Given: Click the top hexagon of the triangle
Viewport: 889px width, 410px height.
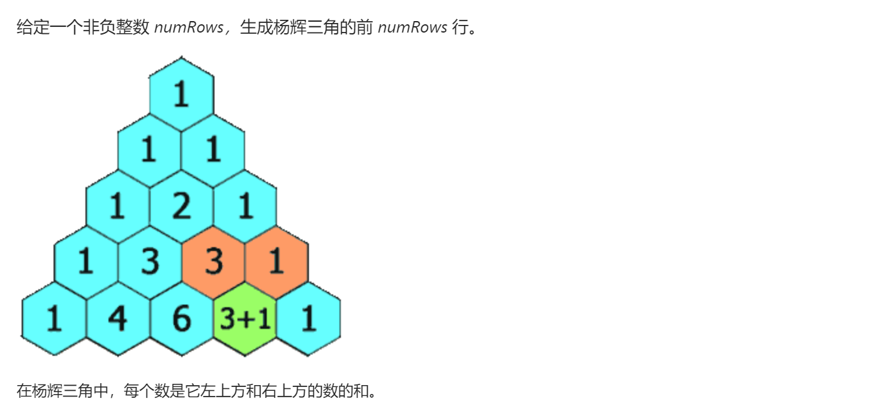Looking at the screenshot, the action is pyautogui.click(x=181, y=94).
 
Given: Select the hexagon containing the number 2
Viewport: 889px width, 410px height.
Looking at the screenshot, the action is pyautogui.click(x=181, y=206).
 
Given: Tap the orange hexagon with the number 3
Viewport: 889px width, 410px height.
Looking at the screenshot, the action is pyautogui.click(x=213, y=262).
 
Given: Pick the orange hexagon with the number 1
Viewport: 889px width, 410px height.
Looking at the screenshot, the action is pyautogui.click(x=276, y=262).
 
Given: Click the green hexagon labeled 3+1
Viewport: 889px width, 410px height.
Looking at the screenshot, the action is pyautogui.click(x=245, y=319).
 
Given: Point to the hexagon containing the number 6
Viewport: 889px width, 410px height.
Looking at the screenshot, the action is pyautogui.click(x=181, y=319).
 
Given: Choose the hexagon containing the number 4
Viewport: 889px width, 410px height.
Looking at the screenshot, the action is pyautogui.click(x=118, y=319).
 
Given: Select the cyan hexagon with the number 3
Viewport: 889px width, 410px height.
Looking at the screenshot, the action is pyautogui.click(x=150, y=262).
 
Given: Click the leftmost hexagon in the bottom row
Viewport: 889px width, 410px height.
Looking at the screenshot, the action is pyautogui.click(x=54, y=319).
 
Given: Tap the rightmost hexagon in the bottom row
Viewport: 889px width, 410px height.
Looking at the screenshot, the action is pyautogui.click(x=308, y=319).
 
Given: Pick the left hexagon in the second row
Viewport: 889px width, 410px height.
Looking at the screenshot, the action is pyautogui.click(x=149, y=150).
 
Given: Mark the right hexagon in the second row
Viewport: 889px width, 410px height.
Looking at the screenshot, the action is pyautogui.click(x=213, y=150).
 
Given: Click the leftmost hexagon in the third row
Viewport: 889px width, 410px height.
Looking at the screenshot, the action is pyautogui.click(x=117, y=206).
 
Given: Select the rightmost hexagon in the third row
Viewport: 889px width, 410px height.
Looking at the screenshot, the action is pyautogui.click(x=245, y=206).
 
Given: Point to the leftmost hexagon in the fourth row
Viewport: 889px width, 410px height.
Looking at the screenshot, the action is pyautogui.click(x=86, y=262).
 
